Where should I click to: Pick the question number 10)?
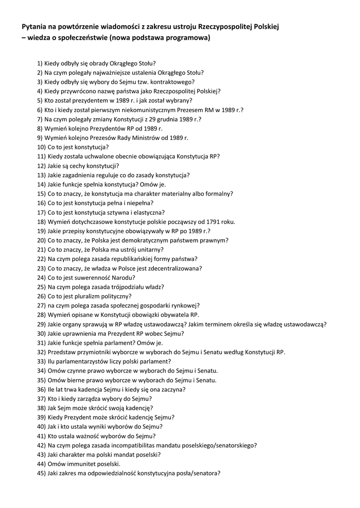pyautogui.click(x=41, y=147)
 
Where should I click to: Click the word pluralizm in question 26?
pyautogui.click(x=87, y=296)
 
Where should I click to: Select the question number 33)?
pyautogui.click(x=41, y=361)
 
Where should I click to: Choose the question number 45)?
pyautogui.click(x=41, y=473)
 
